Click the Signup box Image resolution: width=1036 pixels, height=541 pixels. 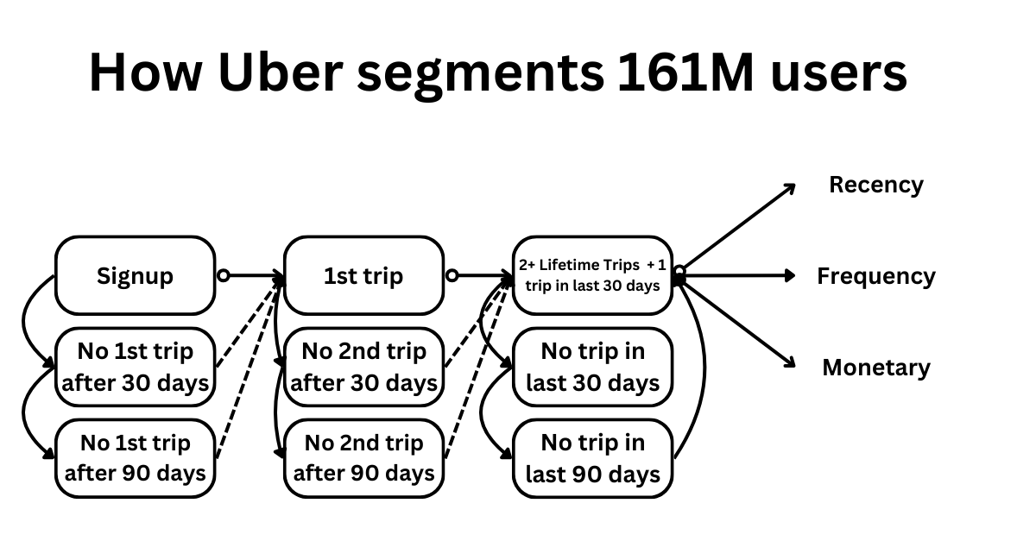coord(135,276)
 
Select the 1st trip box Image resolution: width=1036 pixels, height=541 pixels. coord(363,276)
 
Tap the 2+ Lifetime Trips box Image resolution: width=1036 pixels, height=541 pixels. coord(592,275)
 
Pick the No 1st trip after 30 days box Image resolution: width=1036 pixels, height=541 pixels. coord(135,367)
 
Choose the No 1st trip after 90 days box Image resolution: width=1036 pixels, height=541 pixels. coord(135,458)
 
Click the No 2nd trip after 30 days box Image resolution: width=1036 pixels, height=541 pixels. coord(363,367)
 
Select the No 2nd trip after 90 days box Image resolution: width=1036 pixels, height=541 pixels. coord(363,458)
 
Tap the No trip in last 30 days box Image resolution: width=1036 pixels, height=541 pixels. coord(592,367)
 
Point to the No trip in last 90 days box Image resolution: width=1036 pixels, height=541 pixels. coord(592,458)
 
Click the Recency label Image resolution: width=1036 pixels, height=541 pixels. coord(875,185)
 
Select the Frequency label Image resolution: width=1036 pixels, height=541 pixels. coord(875,276)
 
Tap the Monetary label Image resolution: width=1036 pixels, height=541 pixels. coord(875,368)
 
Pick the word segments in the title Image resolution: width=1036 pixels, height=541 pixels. coord(481,73)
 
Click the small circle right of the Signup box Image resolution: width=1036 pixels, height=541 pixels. coord(223,276)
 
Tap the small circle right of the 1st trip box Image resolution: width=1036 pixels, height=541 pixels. coord(452,276)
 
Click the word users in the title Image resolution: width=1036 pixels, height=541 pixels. coord(834,73)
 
